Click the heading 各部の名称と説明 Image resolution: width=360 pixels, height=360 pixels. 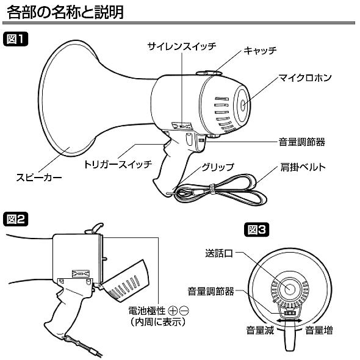coord(76,13)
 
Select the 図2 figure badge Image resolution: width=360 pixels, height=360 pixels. coord(16,218)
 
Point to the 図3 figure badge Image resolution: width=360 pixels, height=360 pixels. coord(256,230)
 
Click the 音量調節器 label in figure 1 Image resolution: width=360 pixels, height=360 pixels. coord(298,142)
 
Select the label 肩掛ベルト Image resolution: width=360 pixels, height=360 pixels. coord(304,166)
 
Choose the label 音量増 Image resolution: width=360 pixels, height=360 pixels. coord(319,331)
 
